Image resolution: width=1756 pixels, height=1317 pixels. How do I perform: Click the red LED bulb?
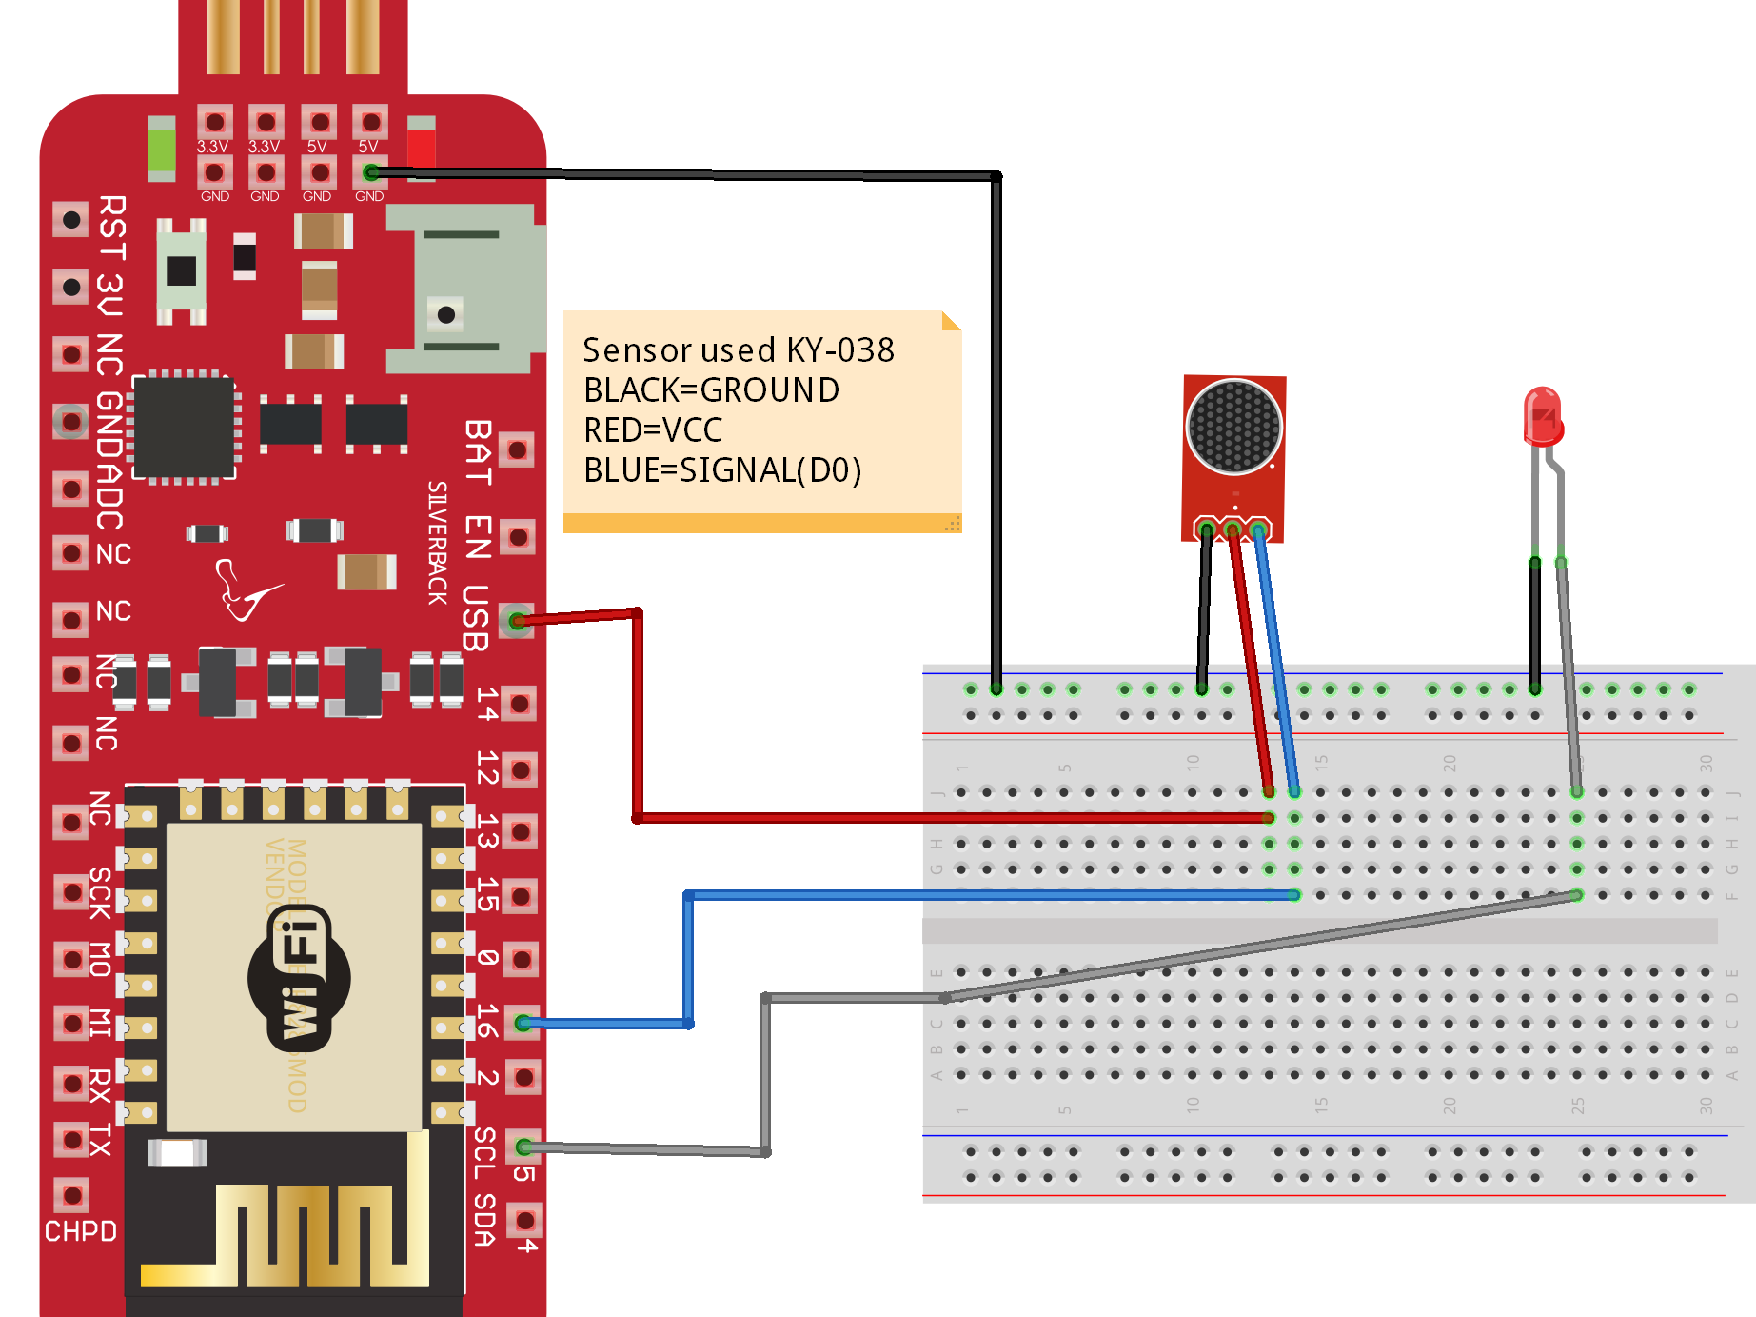coord(1542,417)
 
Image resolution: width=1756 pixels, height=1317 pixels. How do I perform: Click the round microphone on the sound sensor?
coord(1233,426)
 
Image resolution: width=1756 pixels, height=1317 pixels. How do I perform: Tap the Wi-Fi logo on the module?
coord(299,978)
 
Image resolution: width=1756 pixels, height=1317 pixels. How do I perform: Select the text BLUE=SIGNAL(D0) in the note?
coord(722,470)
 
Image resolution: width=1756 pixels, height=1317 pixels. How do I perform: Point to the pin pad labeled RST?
coord(70,220)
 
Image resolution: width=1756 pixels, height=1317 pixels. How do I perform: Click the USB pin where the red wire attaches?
coord(517,621)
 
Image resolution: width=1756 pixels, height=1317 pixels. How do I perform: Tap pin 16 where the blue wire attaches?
coord(523,1023)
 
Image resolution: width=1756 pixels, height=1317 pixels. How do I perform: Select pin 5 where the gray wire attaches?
coord(524,1147)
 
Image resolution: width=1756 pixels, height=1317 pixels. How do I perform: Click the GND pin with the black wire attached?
coord(370,172)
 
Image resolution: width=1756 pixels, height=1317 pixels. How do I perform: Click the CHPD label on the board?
coord(81,1231)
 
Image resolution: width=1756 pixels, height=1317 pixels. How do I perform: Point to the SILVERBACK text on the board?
coord(437,543)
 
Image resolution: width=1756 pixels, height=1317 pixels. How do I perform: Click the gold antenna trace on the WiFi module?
coord(314,1233)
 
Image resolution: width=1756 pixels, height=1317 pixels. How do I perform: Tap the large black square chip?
coord(184,428)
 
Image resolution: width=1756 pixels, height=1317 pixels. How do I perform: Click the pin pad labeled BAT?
coord(517,449)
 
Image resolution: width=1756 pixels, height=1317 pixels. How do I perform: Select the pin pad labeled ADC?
coord(70,489)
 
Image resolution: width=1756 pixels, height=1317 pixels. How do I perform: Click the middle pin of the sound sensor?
coord(1233,529)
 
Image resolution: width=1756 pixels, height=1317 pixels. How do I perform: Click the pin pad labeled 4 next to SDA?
coord(524,1219)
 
